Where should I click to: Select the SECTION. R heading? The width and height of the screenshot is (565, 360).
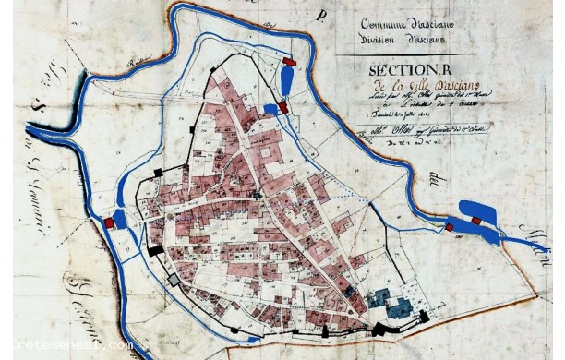[405, 71]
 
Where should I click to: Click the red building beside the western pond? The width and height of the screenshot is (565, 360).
[110, 222]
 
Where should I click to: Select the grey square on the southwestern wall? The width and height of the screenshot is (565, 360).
[173, 280]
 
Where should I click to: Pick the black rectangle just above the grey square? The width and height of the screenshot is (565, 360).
[154, 249]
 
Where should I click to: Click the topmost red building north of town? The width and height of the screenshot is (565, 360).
[290, 63]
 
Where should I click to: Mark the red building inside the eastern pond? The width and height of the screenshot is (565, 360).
[476, 221]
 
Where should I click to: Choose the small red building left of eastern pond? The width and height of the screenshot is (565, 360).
[451, 227]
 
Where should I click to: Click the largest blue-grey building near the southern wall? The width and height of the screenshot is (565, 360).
[400, 307]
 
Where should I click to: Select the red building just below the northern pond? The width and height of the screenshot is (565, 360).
[283, 107]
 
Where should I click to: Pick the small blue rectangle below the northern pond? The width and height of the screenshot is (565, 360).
[270, 108]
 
